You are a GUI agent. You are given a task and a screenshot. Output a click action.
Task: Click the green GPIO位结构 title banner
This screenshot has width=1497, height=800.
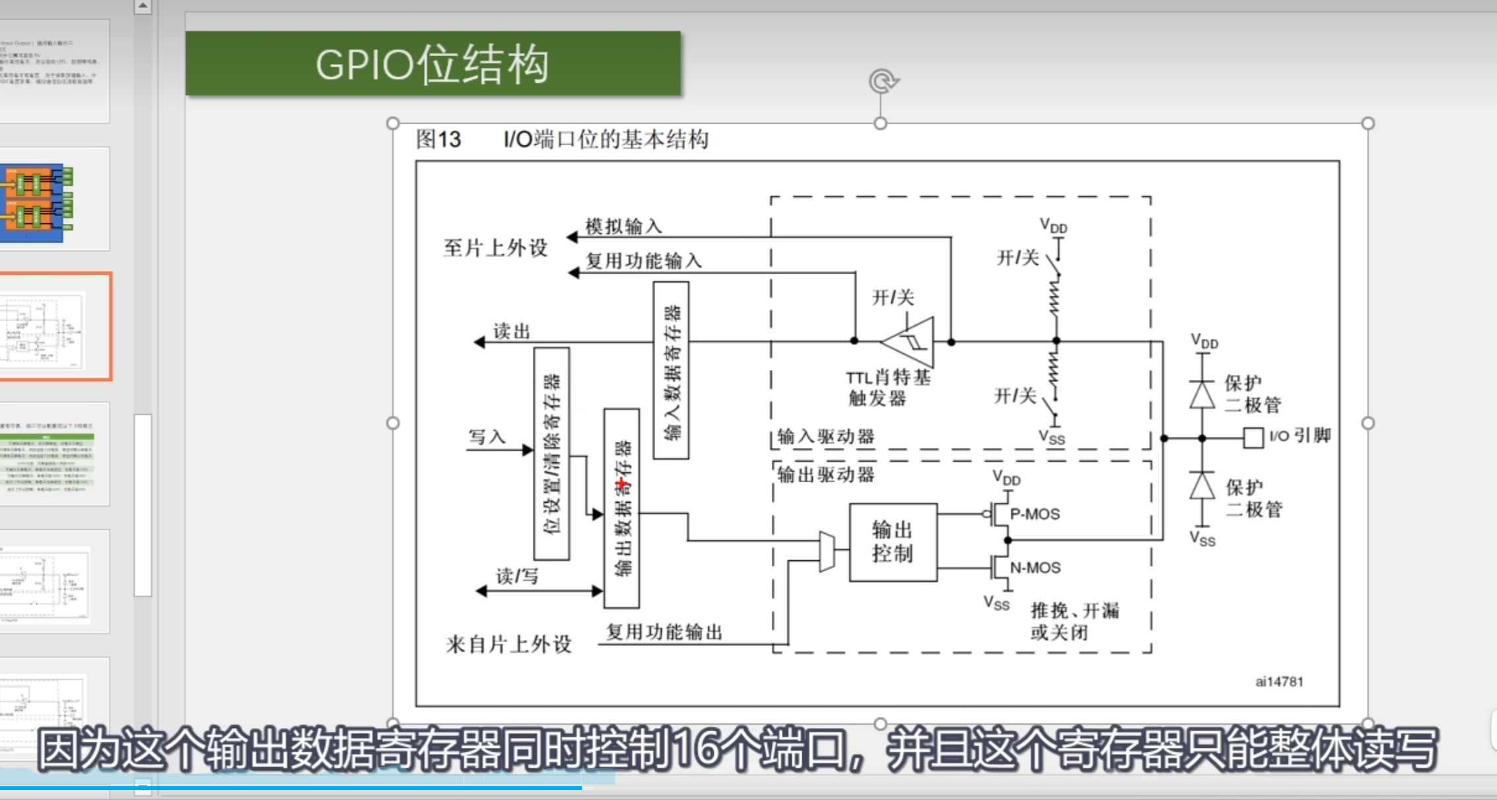click(433, 64)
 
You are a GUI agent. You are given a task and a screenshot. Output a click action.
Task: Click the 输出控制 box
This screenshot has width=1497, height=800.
click(892, 542)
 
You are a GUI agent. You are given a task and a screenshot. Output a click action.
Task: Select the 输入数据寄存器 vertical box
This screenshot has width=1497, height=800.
click(671, 370)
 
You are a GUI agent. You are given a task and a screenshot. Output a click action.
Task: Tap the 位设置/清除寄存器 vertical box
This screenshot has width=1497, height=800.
click(551, 453)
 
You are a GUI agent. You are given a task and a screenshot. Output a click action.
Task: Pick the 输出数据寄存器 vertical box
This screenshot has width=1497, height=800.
click(621, 508)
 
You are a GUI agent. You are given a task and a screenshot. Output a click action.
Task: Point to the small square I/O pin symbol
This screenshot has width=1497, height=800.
click(1253, 437)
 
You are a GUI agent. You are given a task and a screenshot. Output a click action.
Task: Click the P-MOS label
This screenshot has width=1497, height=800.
click(1035, 514)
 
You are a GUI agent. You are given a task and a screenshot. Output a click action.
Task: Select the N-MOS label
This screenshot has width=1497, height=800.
click(1035, 567)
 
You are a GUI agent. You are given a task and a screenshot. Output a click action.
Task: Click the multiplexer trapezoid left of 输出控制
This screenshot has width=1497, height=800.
click(826, 550)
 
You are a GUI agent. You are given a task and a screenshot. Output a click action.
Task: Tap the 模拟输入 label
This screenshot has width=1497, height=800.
click(623, 227)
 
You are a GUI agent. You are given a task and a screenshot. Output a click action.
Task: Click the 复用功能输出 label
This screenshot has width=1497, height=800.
click(664, 632)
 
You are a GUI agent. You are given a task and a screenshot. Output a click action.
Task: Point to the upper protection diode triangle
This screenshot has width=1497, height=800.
click(1202, 395)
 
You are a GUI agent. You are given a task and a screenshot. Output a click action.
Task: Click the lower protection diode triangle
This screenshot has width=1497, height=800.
click(1202, 486)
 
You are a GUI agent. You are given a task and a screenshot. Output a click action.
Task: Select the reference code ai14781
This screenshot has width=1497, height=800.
click(1279, 682)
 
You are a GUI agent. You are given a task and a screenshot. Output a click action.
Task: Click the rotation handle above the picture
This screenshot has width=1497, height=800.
click(882, 81)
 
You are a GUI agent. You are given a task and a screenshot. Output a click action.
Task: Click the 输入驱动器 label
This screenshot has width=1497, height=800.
click(825, 436)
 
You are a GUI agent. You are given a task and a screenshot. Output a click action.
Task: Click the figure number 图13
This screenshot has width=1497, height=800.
click(438, 139)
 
